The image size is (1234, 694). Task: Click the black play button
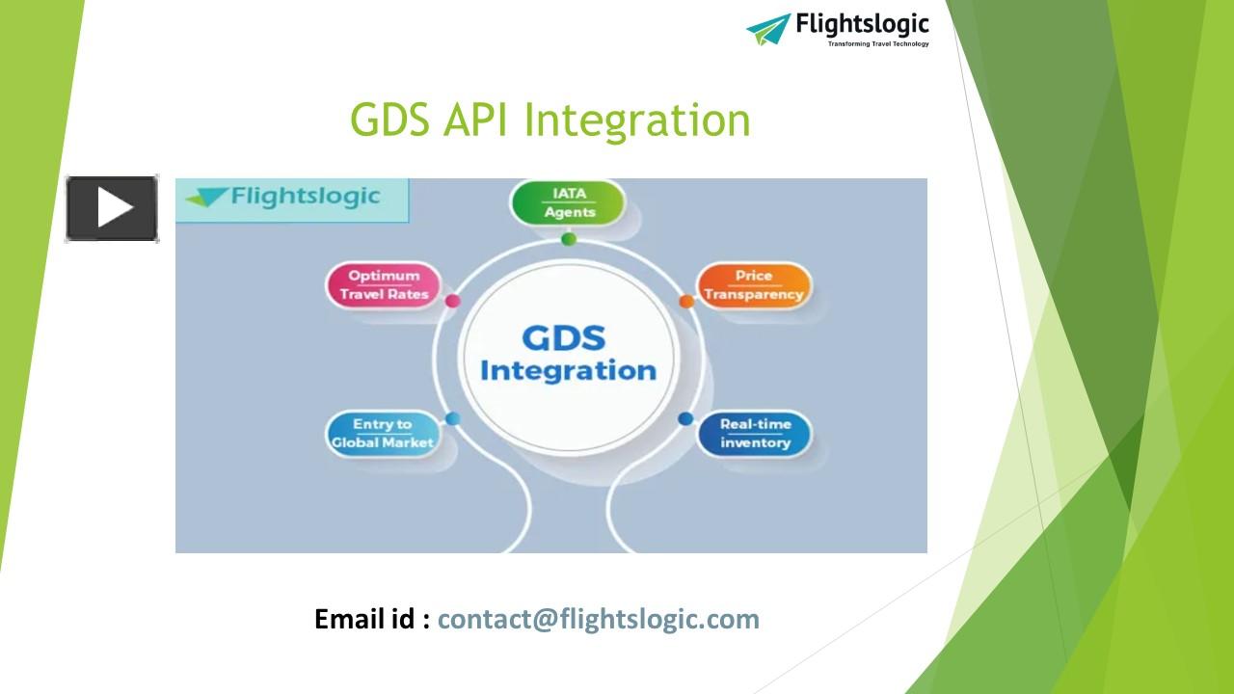tap(112, 208)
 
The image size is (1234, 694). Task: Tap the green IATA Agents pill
tap(569, 202)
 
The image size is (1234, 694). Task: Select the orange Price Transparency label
tap(754, 285)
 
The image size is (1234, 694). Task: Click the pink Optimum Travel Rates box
tap(384, 285)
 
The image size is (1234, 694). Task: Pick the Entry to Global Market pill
tap(382, 434)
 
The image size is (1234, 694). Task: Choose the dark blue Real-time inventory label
tap(755, 434)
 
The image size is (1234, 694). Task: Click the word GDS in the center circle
tap(564, 338)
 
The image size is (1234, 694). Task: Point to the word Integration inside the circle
tap(568, 370)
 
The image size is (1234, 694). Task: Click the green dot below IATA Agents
tap(569, 239)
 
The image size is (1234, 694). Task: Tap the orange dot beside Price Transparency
tap(686, 302)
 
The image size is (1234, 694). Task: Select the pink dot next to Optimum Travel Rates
tap(453, 301)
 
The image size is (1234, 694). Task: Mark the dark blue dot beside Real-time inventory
tap(685, 418)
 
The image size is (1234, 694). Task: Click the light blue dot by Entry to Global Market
tap(453, 418)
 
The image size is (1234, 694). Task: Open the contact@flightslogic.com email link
tap(599, 619)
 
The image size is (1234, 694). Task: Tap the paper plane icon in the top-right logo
tap(768, 29)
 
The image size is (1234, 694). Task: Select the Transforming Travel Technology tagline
tap(878, 44)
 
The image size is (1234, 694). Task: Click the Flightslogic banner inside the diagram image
tap(293, 199)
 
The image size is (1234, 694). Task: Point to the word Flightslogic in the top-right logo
tap(862, 23)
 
